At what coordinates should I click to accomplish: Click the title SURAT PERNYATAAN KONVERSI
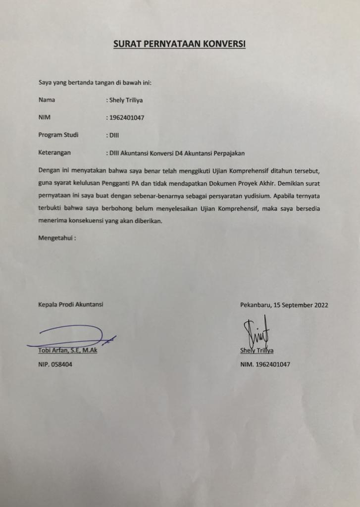(180, 44)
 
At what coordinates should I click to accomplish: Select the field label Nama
(47, 100)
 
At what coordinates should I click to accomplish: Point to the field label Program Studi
(58, 135)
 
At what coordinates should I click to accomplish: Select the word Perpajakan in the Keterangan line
(228, 152)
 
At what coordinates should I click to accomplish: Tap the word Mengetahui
(56, 238)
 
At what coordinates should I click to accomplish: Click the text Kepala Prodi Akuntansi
(70, 305)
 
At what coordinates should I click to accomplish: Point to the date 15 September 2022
(302, 305)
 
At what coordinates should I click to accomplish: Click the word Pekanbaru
(256, 305)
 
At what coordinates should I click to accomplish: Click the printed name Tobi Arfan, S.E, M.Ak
(68, 351)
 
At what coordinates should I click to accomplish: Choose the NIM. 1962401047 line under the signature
(265, 364)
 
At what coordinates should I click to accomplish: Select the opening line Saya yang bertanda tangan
(95, 82)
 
